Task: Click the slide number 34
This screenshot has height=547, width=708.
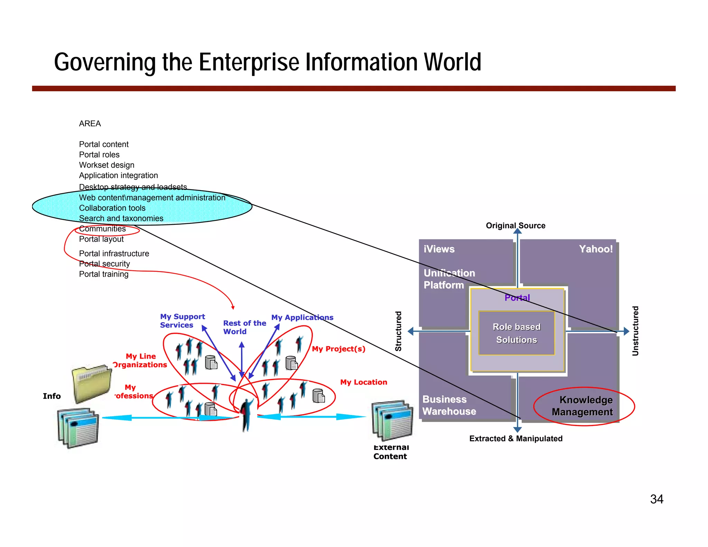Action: (x=656, y=499)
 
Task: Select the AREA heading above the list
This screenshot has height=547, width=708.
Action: (x=90, y=124)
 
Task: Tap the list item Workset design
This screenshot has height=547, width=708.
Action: (x=106, y=165)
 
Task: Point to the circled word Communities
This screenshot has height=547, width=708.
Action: (x=103, y=229)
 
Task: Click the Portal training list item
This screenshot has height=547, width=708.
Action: (x=104, y=274)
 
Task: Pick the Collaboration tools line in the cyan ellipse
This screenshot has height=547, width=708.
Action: (x=112, y=208)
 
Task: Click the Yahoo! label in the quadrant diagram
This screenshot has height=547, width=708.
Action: (x=595, y=249)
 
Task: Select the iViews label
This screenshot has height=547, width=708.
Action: (x=439, y=249)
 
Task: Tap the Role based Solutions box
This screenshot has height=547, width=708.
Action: (x=516, y=333)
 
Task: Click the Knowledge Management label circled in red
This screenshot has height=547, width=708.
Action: (x=583, y=406)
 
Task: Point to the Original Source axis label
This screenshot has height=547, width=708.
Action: (x=515, y=225)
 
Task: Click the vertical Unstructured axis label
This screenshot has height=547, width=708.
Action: (x=635, y=331)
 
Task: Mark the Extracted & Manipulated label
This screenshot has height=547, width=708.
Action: (x=515, y=438)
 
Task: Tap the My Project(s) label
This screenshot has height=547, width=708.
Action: (x=338, y=349)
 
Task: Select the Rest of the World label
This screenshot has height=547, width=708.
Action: (x=244, y=327)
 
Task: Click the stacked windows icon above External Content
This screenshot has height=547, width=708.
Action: (x=392, y=420)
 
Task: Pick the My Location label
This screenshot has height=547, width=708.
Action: (x=363, y=382)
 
